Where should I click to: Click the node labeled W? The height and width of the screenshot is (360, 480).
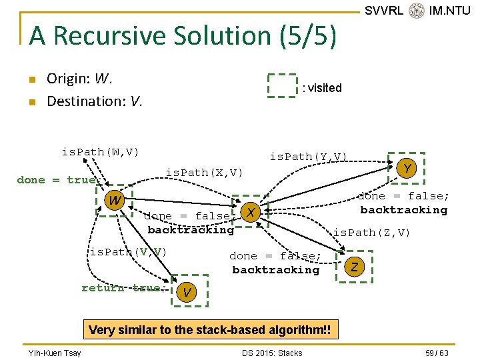pos(115,200)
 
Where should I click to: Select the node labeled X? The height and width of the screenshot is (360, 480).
pos(250,212)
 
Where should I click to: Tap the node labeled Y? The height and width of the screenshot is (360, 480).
pos(406,168)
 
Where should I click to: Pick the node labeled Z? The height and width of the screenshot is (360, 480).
pos(355,267)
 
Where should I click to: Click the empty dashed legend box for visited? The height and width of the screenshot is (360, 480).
pos(282,86)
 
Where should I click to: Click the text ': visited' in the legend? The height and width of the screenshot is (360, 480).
pos(322,88)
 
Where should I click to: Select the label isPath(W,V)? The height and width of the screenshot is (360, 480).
pos(100,152)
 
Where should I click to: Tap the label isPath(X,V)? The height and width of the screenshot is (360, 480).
pos(204,173)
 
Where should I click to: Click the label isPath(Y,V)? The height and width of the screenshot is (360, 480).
pos(308,157)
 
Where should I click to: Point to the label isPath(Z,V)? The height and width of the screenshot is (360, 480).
pos(371,233)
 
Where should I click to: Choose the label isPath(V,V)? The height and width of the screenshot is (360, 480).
pos(128,252)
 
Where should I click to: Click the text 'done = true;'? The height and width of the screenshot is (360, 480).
pos(57,180)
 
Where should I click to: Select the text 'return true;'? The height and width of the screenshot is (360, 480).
pos(122,288)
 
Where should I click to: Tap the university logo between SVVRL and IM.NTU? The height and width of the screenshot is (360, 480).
pos(417,11)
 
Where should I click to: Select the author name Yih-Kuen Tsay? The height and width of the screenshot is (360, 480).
pos(55,353)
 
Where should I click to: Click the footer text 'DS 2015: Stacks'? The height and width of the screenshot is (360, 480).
pos(272,353)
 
